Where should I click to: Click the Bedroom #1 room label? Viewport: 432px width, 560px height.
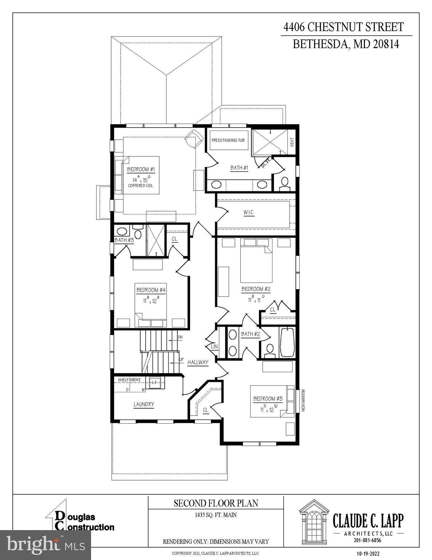click(141, 170)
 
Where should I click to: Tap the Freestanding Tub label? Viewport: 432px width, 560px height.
click(228, 140)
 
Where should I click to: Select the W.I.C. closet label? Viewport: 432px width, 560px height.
click(249, 213)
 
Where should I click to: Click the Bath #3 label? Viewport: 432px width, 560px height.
click(124, 240)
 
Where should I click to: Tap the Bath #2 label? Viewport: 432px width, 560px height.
click(250, 334)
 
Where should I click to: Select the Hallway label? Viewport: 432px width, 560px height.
click(198, 362)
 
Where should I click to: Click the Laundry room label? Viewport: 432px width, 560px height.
click(144, 404)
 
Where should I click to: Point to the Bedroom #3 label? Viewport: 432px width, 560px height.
click(268, 399)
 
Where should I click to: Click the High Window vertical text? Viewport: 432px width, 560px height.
click(303, 401)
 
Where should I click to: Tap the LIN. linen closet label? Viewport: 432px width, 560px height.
click(215, 347)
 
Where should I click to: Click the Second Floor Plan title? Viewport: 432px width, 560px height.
click(216, 503)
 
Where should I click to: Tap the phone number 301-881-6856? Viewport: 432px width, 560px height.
click(367, 540)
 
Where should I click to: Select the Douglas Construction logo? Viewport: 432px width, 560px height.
click(80, 521)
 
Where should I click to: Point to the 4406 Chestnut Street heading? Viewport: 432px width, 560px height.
click(343, 27)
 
